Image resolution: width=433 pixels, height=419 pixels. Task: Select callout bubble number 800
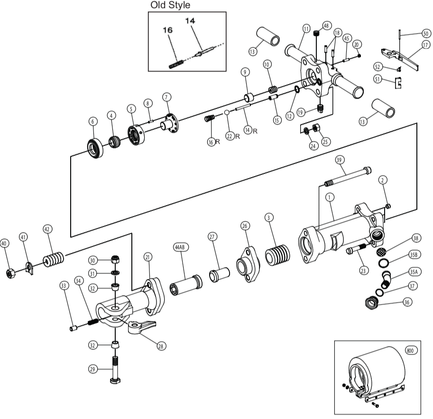click(410, 351)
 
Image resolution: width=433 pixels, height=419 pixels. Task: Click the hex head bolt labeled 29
click(114, 371)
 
